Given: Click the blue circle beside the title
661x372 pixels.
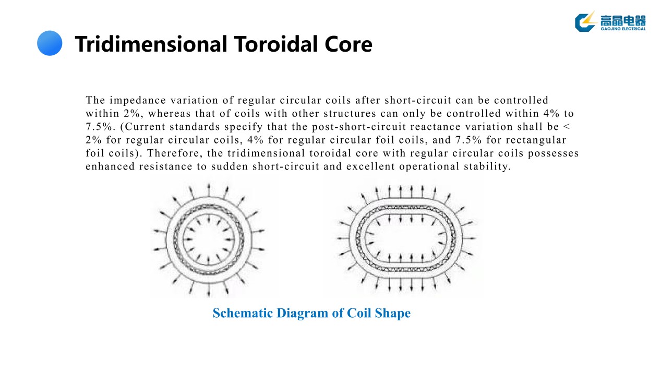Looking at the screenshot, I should [x=50, y=43].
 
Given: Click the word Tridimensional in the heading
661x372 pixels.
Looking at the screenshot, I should [x=150, y=44].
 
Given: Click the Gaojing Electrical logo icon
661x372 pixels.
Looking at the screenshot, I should [x=585, y=21].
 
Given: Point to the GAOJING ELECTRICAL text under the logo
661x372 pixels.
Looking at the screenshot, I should [x=623, y=29].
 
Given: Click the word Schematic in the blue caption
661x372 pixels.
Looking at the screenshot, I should [x=243, y=313].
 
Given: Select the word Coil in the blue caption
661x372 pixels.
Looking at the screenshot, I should [x=359, y=313].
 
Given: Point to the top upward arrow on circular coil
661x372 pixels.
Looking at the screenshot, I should [x=209, y=188].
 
